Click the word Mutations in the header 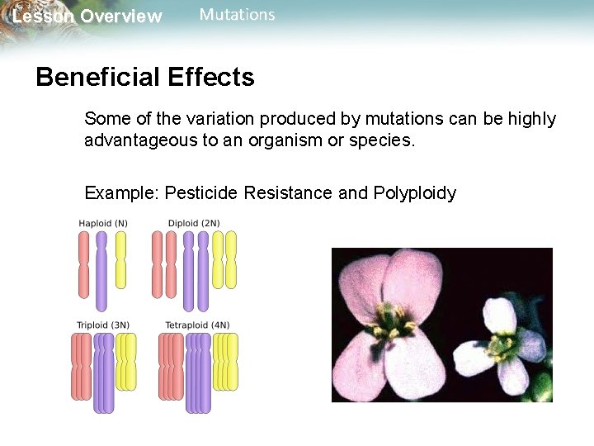(237, 15)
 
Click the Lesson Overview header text (87, 17)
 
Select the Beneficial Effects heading (145, 78)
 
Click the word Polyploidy (414, 193)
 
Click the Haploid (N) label (103, 223)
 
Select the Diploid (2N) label (194, 223)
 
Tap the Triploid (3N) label (103, 325)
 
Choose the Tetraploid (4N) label (197, 325)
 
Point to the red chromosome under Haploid (83, 264)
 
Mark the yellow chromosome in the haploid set (120, 259)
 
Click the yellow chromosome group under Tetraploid (225, 361)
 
